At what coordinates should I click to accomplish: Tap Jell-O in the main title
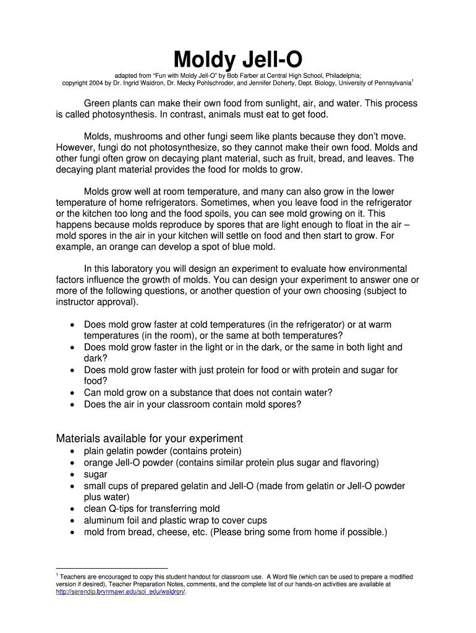271,60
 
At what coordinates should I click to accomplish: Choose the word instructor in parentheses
76,302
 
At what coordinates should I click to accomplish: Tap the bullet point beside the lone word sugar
74,475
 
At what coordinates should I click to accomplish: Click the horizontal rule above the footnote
111,567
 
